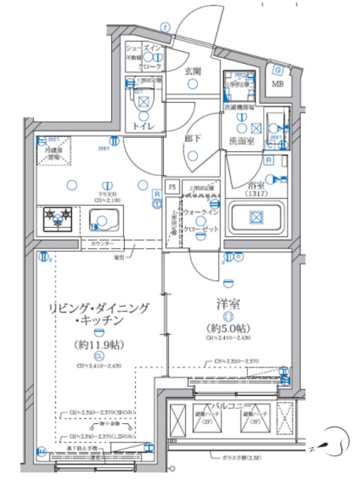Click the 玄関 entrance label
click(194, 71)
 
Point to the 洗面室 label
click(242, 141)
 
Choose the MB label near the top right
click(277, 83)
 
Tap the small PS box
click(171, 186)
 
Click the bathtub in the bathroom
click(256, 219)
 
